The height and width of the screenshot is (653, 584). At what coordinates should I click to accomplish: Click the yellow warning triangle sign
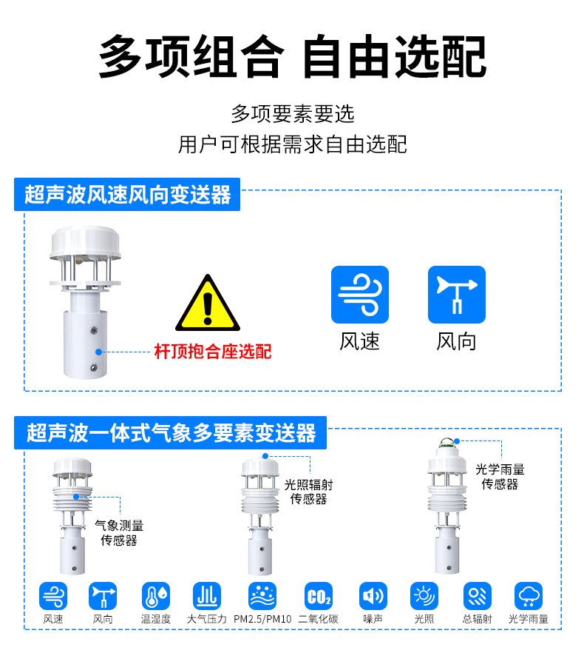tap(208, 305)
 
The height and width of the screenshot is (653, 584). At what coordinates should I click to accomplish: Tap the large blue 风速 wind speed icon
tap(359, 295)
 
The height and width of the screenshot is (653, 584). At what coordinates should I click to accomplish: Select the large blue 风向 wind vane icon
tap(456, 295)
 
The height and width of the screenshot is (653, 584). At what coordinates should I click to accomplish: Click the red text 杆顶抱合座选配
tap(212, 351)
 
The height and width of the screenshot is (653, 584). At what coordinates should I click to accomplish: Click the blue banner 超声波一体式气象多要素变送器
tap(171, 432)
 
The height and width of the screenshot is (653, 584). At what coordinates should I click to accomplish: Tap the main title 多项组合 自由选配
tap(292, 56)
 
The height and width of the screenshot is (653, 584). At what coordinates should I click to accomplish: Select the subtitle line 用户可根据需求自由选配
tap(292, 144)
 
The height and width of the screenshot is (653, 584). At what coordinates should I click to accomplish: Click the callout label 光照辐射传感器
tap(308, 492)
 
